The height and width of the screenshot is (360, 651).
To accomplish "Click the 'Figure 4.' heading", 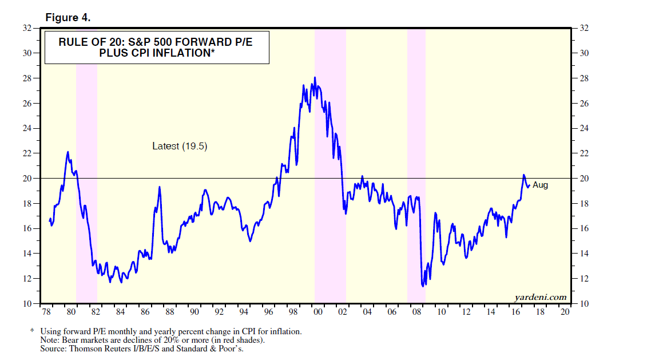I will [x=68, y=18].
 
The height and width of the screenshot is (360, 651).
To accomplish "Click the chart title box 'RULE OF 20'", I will [x=157, y=47].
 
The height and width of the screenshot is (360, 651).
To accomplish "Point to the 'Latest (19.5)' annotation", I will [x=180, y=146].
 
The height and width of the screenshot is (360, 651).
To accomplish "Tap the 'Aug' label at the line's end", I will [x=540, y=185].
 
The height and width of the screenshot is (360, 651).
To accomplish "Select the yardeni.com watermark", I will [x=540, y=296].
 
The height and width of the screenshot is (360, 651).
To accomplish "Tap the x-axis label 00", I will [x=318, y=312].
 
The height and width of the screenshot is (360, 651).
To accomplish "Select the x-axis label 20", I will [x=565, y=312].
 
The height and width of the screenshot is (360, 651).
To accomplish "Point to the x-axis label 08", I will [x=417, y=312].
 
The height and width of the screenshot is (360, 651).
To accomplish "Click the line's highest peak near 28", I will [x=315, y=78].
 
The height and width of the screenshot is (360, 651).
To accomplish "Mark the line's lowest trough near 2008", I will [x=423, y=286].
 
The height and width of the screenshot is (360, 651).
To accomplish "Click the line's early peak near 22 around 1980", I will [x=68, y=152].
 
